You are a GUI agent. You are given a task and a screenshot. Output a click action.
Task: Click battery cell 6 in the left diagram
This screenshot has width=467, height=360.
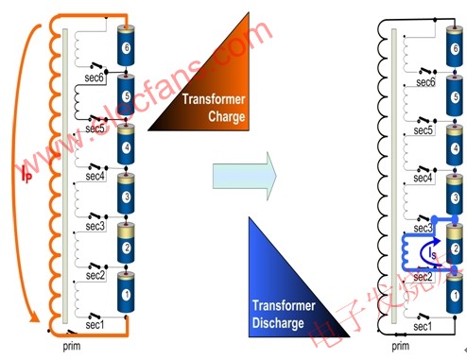127,43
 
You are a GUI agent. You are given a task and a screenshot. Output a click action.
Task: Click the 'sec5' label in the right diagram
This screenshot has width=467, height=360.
423,129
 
